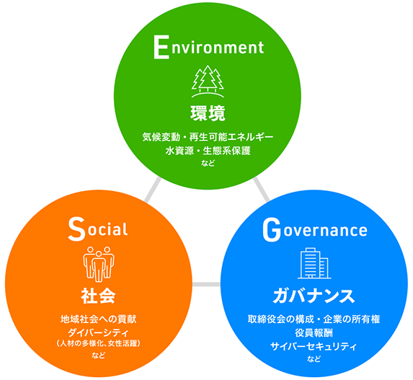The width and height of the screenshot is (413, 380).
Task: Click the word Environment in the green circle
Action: [208, 48]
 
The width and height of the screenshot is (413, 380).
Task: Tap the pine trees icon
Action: [208, 81]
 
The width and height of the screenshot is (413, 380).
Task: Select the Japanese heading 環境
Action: [208, 113]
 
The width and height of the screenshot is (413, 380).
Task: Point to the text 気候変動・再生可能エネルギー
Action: [208, 137]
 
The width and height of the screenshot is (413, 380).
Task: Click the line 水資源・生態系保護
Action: [208, 151]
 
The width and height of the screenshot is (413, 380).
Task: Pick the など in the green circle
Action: [208, 163]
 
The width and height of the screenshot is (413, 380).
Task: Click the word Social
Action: [98, 229]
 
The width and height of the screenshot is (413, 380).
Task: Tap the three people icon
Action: [99, 265]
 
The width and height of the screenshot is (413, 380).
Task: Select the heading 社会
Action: [98, 296]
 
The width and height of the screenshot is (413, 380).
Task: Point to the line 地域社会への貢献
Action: [99, 319]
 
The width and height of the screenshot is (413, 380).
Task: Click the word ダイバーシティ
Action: [99, 332]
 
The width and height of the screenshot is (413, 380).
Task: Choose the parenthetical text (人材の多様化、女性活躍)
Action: [99, 344]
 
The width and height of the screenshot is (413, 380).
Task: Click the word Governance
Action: [315, 230]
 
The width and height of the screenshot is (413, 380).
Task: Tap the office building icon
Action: [314, 263]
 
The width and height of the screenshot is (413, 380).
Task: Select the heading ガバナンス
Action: [314, 296]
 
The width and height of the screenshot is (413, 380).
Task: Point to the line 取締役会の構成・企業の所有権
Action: [314, 319]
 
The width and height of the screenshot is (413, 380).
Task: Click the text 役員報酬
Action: [314, 333]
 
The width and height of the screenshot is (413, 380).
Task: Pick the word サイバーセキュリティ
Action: [314, 346]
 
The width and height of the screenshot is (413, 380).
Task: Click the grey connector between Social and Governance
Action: [206, 284]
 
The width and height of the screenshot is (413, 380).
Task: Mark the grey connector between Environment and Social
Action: [153, 190]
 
